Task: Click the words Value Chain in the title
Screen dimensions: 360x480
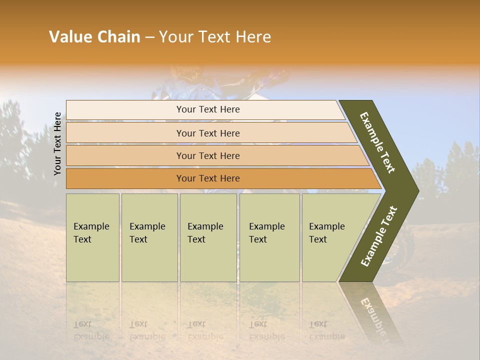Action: (x=94, y=37)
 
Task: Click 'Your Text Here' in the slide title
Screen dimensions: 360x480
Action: (x=215, y=37)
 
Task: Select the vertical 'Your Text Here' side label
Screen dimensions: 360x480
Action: (x=58, y=143)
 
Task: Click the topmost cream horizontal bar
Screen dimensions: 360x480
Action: (x=205, y=110)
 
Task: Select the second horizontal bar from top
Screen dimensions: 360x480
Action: (x=210, y=133)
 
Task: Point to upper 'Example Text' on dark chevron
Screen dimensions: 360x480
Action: (x=377, y=142)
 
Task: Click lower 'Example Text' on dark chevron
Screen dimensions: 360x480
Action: (x=379, y=236)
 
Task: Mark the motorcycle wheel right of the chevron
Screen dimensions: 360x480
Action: (x=402, y=252)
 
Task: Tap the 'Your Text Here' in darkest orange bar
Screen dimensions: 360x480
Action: (x=208, y=178)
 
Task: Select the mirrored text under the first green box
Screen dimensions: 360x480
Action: (x=91, y=330)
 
